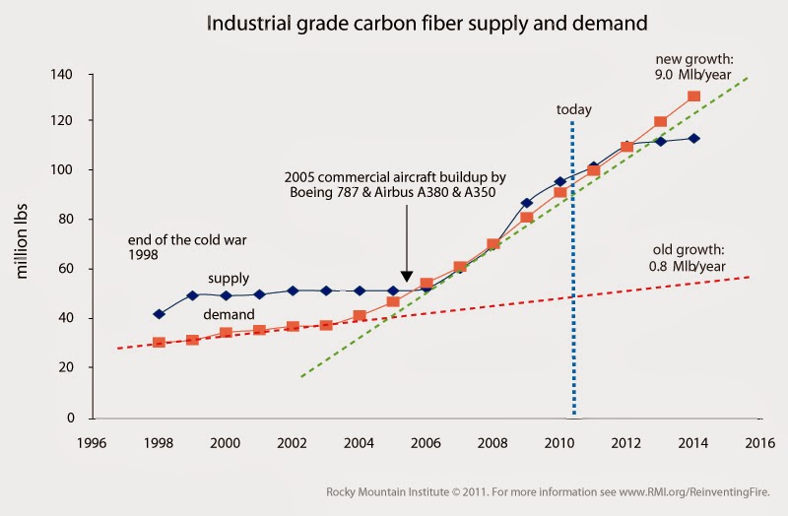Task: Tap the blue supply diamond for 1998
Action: click(160, 314)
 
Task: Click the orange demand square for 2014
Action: click(693, 97)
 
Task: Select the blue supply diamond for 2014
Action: click(693, 138)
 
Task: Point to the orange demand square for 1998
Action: click(160, 343)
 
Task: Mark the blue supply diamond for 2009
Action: click(527, 203)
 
